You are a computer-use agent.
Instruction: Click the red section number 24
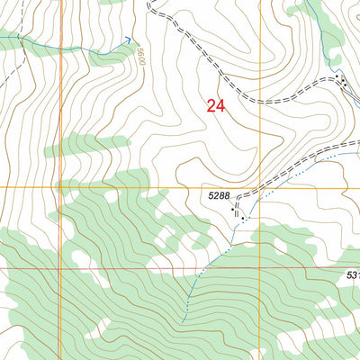215,106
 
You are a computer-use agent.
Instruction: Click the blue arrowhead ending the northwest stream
130,39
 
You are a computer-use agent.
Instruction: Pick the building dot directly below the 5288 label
244,217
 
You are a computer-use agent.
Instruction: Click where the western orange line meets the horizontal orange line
61,188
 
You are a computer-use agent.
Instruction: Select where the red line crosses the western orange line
61,268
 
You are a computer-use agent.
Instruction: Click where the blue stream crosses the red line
203,268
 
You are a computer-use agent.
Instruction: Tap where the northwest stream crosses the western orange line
61,47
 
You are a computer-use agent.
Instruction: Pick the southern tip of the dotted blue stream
183,319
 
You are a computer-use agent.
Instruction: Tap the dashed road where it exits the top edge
149,3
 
